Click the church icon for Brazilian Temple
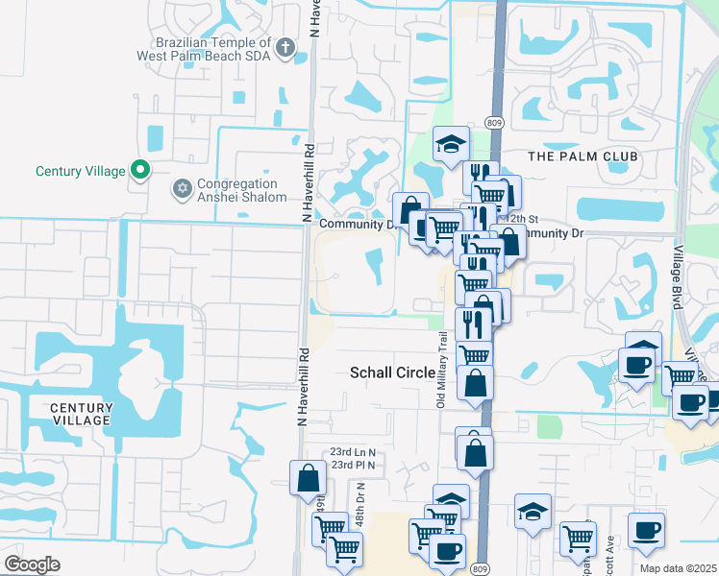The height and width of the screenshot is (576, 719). click(285, 47)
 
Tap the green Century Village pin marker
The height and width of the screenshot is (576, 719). click(140, 171)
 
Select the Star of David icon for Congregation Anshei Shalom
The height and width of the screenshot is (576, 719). click(181, 189)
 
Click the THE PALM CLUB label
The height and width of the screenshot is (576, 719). click(570, 156)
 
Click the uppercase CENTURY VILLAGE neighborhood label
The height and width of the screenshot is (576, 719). click(81, 415)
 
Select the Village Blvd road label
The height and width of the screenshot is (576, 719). click(677, 278)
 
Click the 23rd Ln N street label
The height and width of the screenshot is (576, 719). click(352, 451)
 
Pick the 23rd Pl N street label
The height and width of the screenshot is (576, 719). click(352, 465)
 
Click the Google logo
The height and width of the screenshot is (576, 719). click(31, 564)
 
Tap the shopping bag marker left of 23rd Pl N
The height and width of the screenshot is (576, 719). click(307, 476)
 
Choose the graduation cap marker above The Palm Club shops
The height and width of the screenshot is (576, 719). click(450, 144)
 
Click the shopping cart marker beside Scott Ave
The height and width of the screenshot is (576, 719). click(577, 538)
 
